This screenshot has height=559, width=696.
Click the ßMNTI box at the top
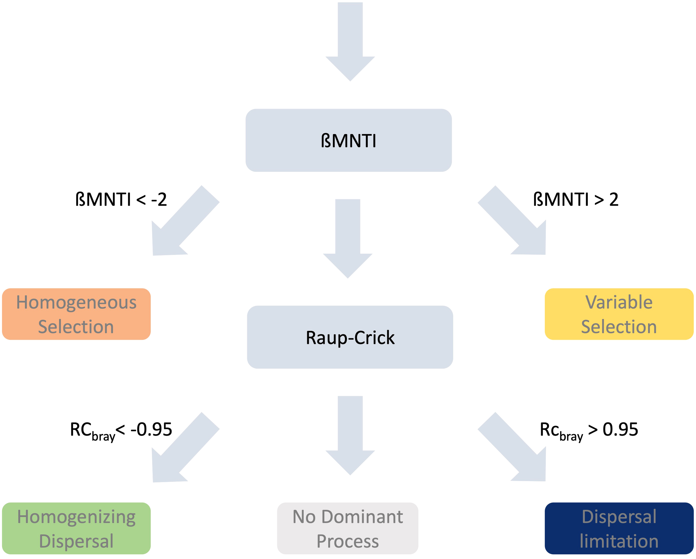click(x=348, y=140)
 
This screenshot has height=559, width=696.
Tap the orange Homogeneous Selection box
click(x=76, y=314)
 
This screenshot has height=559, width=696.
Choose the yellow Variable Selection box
click(x=619, y=314)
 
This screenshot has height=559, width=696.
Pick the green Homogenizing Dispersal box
click(x=76, y=528)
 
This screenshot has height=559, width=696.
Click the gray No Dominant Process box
click(x=348, y=528)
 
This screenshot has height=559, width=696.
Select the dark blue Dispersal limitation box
click(x=619, y=528)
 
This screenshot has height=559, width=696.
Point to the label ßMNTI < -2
click(x=121, y=199)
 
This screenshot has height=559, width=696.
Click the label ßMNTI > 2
click(x=575, y=199)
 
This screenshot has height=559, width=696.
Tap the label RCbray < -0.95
click(x=121, y=430)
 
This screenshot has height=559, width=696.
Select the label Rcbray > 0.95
click(x=589, y=430)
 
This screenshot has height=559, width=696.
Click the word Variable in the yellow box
click(x=619, y=302)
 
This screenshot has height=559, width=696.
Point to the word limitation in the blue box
click(x=619, y=541)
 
